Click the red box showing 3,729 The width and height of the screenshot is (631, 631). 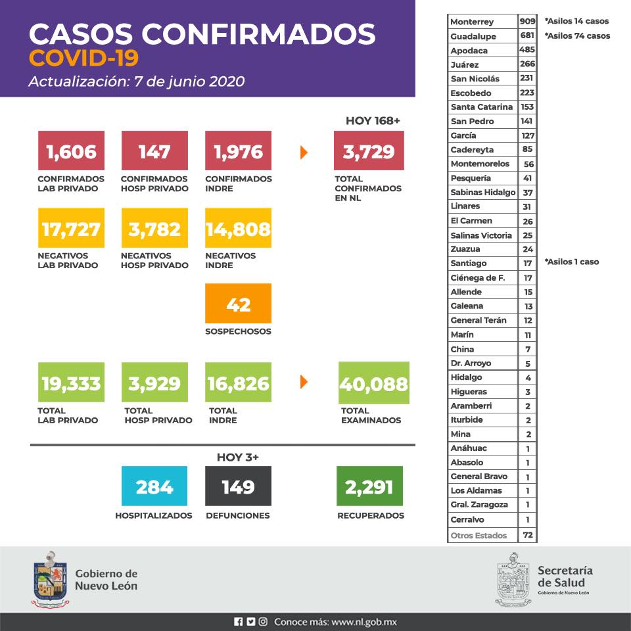tap(369, 151)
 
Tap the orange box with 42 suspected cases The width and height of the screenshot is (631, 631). tap(238, 303)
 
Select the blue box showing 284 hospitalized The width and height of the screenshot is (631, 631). tap(154, 486)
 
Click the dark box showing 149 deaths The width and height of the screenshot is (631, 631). tap(238, 486)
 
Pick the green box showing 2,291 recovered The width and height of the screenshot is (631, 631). tap(369, 486)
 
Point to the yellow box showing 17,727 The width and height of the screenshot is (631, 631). tap(70, 228)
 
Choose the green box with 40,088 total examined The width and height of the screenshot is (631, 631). tap(373, 383)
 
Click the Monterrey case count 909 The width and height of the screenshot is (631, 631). tap(527, 22)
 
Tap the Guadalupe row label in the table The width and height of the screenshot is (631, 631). tap(473, 36)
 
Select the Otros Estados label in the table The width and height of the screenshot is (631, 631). tap(479, 536)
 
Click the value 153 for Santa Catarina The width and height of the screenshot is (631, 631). tap(527, 107)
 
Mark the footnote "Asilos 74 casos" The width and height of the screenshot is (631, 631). tap(577, 35)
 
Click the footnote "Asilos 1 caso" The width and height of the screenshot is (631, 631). tap(572, 262)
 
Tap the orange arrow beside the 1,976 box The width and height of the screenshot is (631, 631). tap(304, 152)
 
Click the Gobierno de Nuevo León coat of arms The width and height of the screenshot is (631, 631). tap(49, 578)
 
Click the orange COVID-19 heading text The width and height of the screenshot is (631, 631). tap(84, 58)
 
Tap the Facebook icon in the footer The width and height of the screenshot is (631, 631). tap(238, 621)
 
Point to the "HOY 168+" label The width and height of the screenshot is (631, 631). tap(373, 121)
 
